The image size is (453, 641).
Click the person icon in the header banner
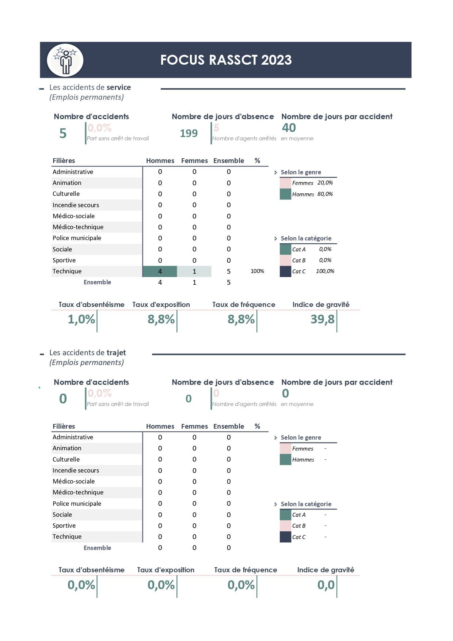[x=65, y=60]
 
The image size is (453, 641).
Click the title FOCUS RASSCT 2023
[x=226, y=60]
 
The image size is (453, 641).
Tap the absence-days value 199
[x=189, y=133]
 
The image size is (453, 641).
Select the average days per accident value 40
[x=289, y=128]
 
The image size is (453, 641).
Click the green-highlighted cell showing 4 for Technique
[x=160, y=271]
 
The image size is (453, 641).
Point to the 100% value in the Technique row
[x=257, y=271]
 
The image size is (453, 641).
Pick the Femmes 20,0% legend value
[x=325, y=183]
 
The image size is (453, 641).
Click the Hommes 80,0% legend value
[x=325, y=194]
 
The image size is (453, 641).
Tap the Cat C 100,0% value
[x=325, y=271]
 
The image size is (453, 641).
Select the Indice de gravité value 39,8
[x=323, y=319]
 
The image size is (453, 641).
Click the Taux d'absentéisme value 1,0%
[x=81, y=319]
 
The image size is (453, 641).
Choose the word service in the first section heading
[x=119, y=87]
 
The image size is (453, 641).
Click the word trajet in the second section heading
[x=116, y=353]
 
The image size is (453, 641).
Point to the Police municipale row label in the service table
[x=77, y=238]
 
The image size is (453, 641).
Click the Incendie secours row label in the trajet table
[x=76, y=470]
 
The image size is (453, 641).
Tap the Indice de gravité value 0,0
[x=326, y=585]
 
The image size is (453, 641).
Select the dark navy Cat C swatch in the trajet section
[x=285, y=537]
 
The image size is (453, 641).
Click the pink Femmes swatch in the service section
[x=285, y=183]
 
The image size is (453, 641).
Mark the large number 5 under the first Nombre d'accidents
[x=63, y=133]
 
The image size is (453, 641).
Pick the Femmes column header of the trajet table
[x=194, y=426]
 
